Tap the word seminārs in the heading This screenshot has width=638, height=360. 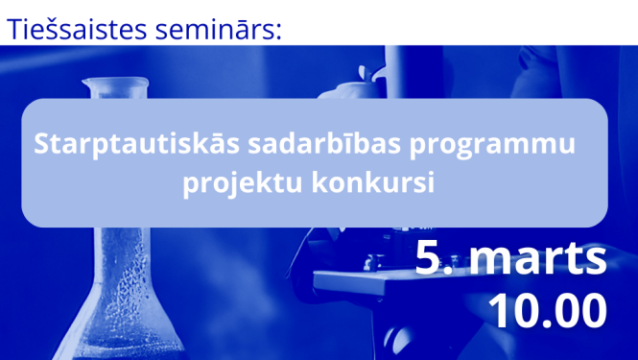pyautogui.click(x=217, y=28)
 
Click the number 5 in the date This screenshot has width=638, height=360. pyautogui.click(x=428, y=259)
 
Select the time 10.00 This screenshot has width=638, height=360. pyautogui.click(x=548, y=310)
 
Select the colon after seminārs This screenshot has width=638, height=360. pyautogui.click(x=279, y=32)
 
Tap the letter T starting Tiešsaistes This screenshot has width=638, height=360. pyautogui.click(x=14, y=28)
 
